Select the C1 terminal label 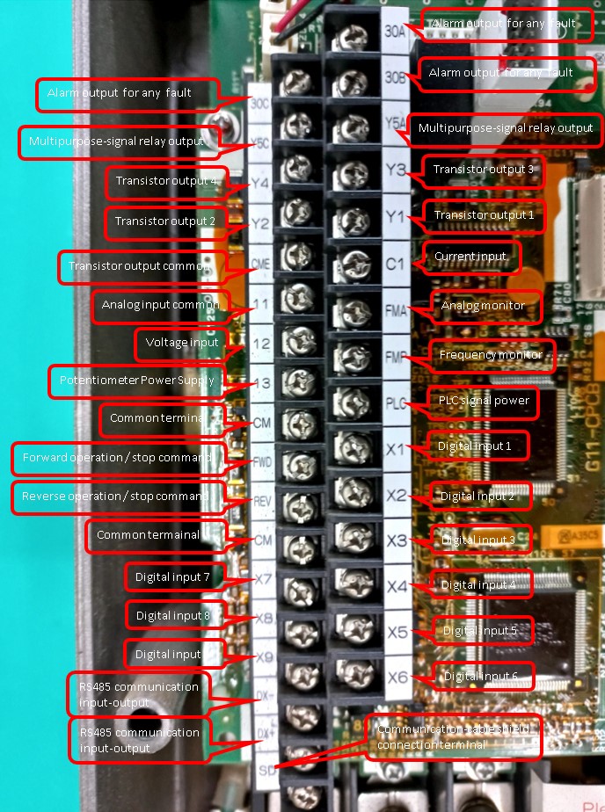pyautogui.click(x=395, y=261)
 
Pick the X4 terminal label pyautogui.click(x=397, y=585)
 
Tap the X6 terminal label pyautogui.click(x=397, y=677)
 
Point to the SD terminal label pyautogui.click(x=265, y=770)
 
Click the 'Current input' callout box pyautogui.click(x=471, y=257)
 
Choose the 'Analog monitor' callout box pyautogui.click(x=483, y=306)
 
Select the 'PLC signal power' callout pyautogui.click(x=484, y=400)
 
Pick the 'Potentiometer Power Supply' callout pyautogui.click(x=135, y=381)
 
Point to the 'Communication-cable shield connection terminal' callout pyautogui.click(x=453, y=736)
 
